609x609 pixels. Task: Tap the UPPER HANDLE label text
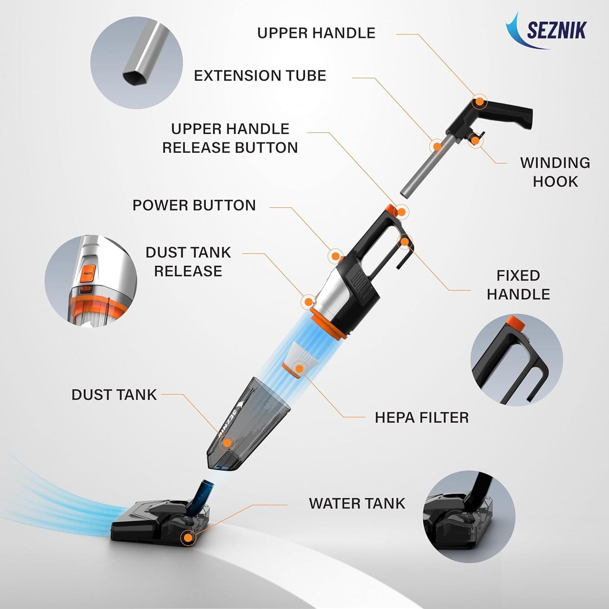click(x=317, y=33)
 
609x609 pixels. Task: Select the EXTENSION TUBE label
click(x=260, y=75)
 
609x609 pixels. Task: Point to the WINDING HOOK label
click(x=555, y=172)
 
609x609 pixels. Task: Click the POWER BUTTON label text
click(x=194, y=205)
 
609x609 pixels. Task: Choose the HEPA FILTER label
click(x=421, y=418)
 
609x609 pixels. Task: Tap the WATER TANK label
click(x=357, y=504)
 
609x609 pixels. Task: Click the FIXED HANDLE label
click(x=518, y=285)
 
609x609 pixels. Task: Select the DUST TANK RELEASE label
click(x=188, y=262)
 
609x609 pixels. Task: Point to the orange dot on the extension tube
click(x=437, y=147)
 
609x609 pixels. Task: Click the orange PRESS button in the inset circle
click(x=87, y=274)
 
